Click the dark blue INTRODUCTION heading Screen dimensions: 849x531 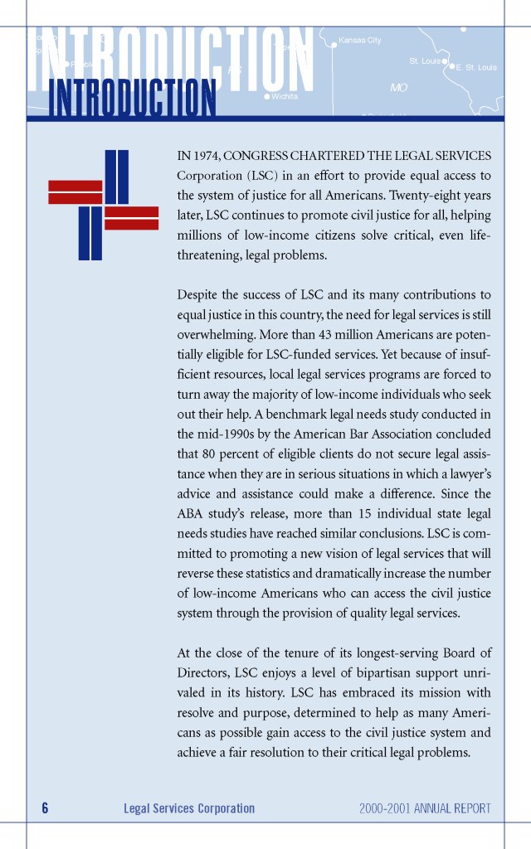133,98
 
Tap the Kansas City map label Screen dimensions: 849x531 360,41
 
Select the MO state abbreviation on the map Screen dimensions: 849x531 399,86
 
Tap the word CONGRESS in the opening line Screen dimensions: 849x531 256,156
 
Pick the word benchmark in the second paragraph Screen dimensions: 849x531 278,414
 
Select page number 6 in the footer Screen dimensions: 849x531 45,808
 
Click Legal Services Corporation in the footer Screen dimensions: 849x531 189,808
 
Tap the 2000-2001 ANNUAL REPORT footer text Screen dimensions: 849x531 425,808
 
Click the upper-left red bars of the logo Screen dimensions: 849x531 76,192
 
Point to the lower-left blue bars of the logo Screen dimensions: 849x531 90,233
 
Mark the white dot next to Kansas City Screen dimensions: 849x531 334,45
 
